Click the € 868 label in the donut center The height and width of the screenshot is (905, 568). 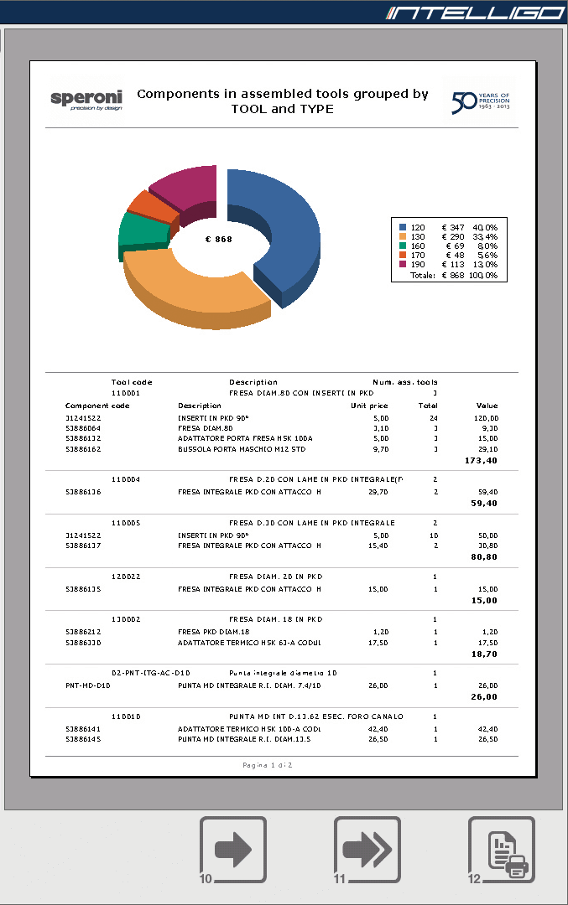(218, 239)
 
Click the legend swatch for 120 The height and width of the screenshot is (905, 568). (403, 227)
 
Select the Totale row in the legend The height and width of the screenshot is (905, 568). (453, 275)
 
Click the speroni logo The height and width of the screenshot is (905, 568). (86, 100)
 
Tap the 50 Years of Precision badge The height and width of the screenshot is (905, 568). (481, 101)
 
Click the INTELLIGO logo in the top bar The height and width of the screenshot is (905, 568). (474, 13)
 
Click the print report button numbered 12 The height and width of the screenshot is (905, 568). (501, 850)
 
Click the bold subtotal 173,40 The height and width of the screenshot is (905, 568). (481, 460)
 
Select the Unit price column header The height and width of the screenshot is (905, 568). (369, 405)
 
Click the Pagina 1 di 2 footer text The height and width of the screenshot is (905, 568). (267, 765)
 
